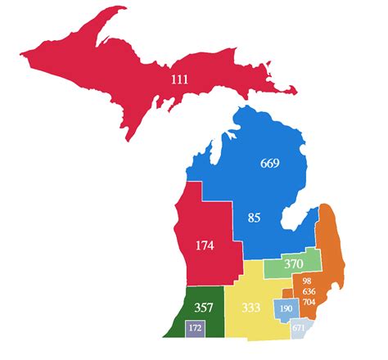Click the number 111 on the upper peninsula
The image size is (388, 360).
(x=179, y=79)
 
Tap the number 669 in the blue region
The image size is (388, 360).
(x=269, y=163)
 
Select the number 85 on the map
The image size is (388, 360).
(x=254, y=218)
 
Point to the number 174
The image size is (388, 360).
(x=205, y=245)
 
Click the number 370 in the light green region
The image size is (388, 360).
(x=294, y=264)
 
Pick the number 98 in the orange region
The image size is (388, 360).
(x=306, y=281)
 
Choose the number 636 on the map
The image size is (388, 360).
(x=308, y=290)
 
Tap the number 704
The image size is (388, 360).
(x=308, y=301)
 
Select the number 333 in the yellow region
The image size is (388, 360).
(x=252, y=308)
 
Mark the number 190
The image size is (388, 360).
(x=286, y=308)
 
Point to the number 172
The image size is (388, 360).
(x=195, y=328)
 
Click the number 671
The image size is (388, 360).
(x=299, y=328)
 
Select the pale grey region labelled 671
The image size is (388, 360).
(x=305, y=326)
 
